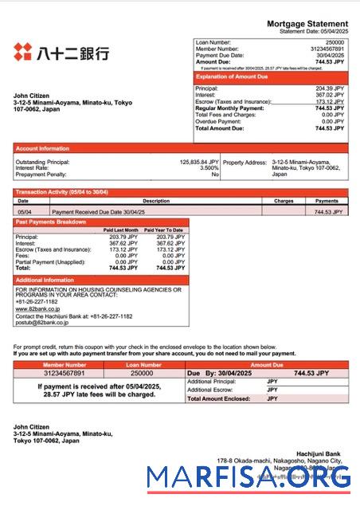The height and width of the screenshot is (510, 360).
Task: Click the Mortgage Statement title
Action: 307,25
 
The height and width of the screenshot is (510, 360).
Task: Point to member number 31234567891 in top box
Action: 327,48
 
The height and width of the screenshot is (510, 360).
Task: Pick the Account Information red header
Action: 43,147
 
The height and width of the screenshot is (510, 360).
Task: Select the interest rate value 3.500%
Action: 209,167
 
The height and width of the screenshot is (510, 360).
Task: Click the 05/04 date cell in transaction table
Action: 24,212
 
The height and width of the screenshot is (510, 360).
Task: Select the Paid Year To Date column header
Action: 166,229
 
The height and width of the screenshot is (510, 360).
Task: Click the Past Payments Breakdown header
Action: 51,222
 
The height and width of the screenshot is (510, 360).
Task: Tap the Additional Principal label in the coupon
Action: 213,382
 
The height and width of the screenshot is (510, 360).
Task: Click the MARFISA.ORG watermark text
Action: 248,478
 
